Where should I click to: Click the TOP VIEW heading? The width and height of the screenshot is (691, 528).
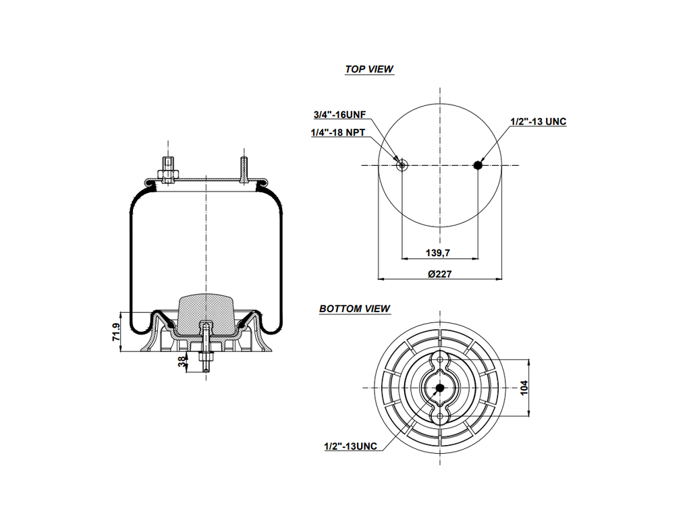point(369,69)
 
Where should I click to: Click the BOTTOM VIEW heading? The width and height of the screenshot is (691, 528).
point(354,309)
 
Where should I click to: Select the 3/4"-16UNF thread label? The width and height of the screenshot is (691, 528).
point(339,115)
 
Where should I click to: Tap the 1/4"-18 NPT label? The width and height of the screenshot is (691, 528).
point(337,133)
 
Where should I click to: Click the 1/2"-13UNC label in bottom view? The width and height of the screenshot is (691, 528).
point(350,446)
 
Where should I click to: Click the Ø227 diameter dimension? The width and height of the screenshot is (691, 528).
point(439,274)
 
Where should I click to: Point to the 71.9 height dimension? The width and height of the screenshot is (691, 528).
point(115,332)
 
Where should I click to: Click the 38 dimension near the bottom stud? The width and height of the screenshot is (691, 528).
point(182,362)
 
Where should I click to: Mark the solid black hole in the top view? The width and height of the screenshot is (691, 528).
point(478,165)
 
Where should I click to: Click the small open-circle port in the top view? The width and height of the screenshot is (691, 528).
point(402,165)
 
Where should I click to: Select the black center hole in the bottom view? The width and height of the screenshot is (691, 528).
point(440,388)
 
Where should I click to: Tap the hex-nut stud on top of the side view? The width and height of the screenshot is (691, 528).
point(167,170)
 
